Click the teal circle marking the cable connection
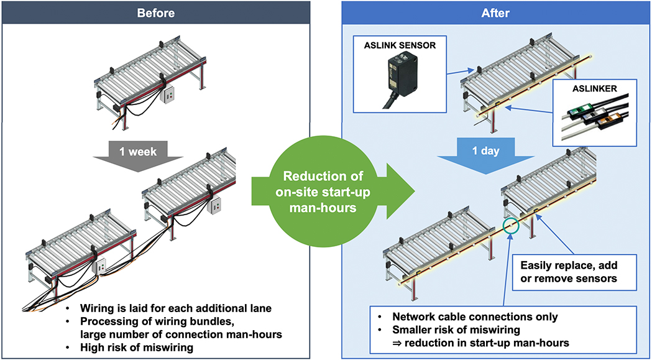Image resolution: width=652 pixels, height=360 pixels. coord(512,226)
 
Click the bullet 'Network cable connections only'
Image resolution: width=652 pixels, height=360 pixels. coord(475,316)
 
